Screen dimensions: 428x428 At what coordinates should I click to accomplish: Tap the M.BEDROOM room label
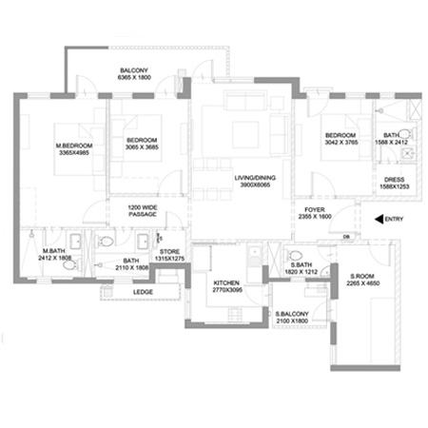coord(79,145)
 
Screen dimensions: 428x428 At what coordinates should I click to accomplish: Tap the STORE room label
coord(166,252)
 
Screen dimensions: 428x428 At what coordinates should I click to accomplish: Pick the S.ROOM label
coord(360,275)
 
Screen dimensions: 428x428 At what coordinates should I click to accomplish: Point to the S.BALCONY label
coord(290,314)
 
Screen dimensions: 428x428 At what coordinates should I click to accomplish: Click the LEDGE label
coord(144,291)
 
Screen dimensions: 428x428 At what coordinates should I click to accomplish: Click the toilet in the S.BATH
coord(296,254)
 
